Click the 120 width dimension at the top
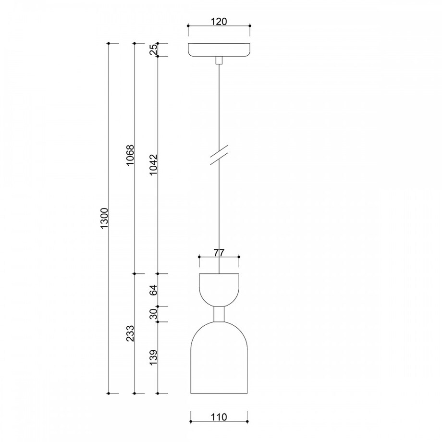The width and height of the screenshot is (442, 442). click(219, 22)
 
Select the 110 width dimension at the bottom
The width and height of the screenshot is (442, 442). click(219, 417)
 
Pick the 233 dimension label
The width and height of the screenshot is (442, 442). click(130, 333)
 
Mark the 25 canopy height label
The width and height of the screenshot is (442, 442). click(154, 50)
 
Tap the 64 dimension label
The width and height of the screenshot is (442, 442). click(154, 290)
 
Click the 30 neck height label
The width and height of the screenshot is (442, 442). click(154, 314)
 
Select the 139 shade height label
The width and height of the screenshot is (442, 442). click(154, 358)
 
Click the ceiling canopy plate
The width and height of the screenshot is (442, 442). click(219, 50)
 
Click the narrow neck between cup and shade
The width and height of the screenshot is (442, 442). click(219, 314)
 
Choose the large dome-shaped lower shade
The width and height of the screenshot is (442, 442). click(219, 360)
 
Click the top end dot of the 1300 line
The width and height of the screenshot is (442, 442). click(110, 44)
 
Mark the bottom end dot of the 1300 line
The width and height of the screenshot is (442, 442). click(110, 393)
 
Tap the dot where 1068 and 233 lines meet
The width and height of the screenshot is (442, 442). click(135, 274)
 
